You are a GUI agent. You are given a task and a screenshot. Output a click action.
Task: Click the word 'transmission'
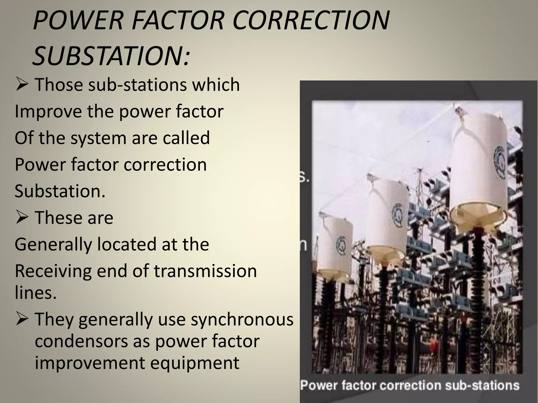pyautogui.click(x=205, y=271)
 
